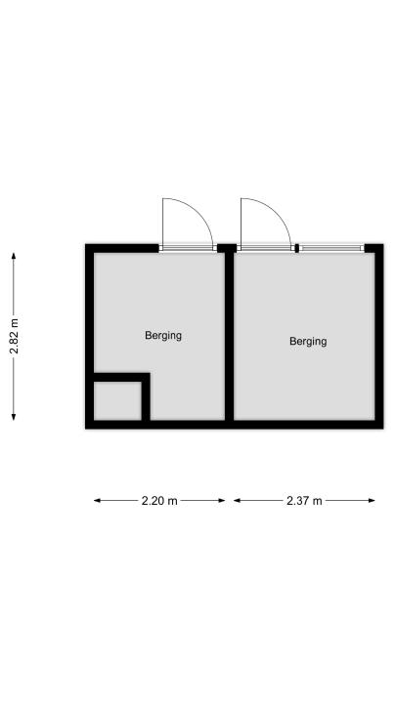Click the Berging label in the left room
163,335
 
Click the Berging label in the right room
308,341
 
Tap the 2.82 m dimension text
14,336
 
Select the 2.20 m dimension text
159,501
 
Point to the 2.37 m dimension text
304,501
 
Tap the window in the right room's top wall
331,248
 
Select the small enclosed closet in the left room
117,401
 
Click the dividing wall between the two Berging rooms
229,336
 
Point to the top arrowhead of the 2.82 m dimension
14,256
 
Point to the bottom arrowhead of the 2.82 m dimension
14,418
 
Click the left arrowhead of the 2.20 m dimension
97,500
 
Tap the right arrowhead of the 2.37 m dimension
372,500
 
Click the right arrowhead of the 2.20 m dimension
222,500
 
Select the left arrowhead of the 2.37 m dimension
237,500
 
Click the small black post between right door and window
297,248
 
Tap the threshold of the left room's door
188,248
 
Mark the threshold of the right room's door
266,248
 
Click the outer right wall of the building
379,336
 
